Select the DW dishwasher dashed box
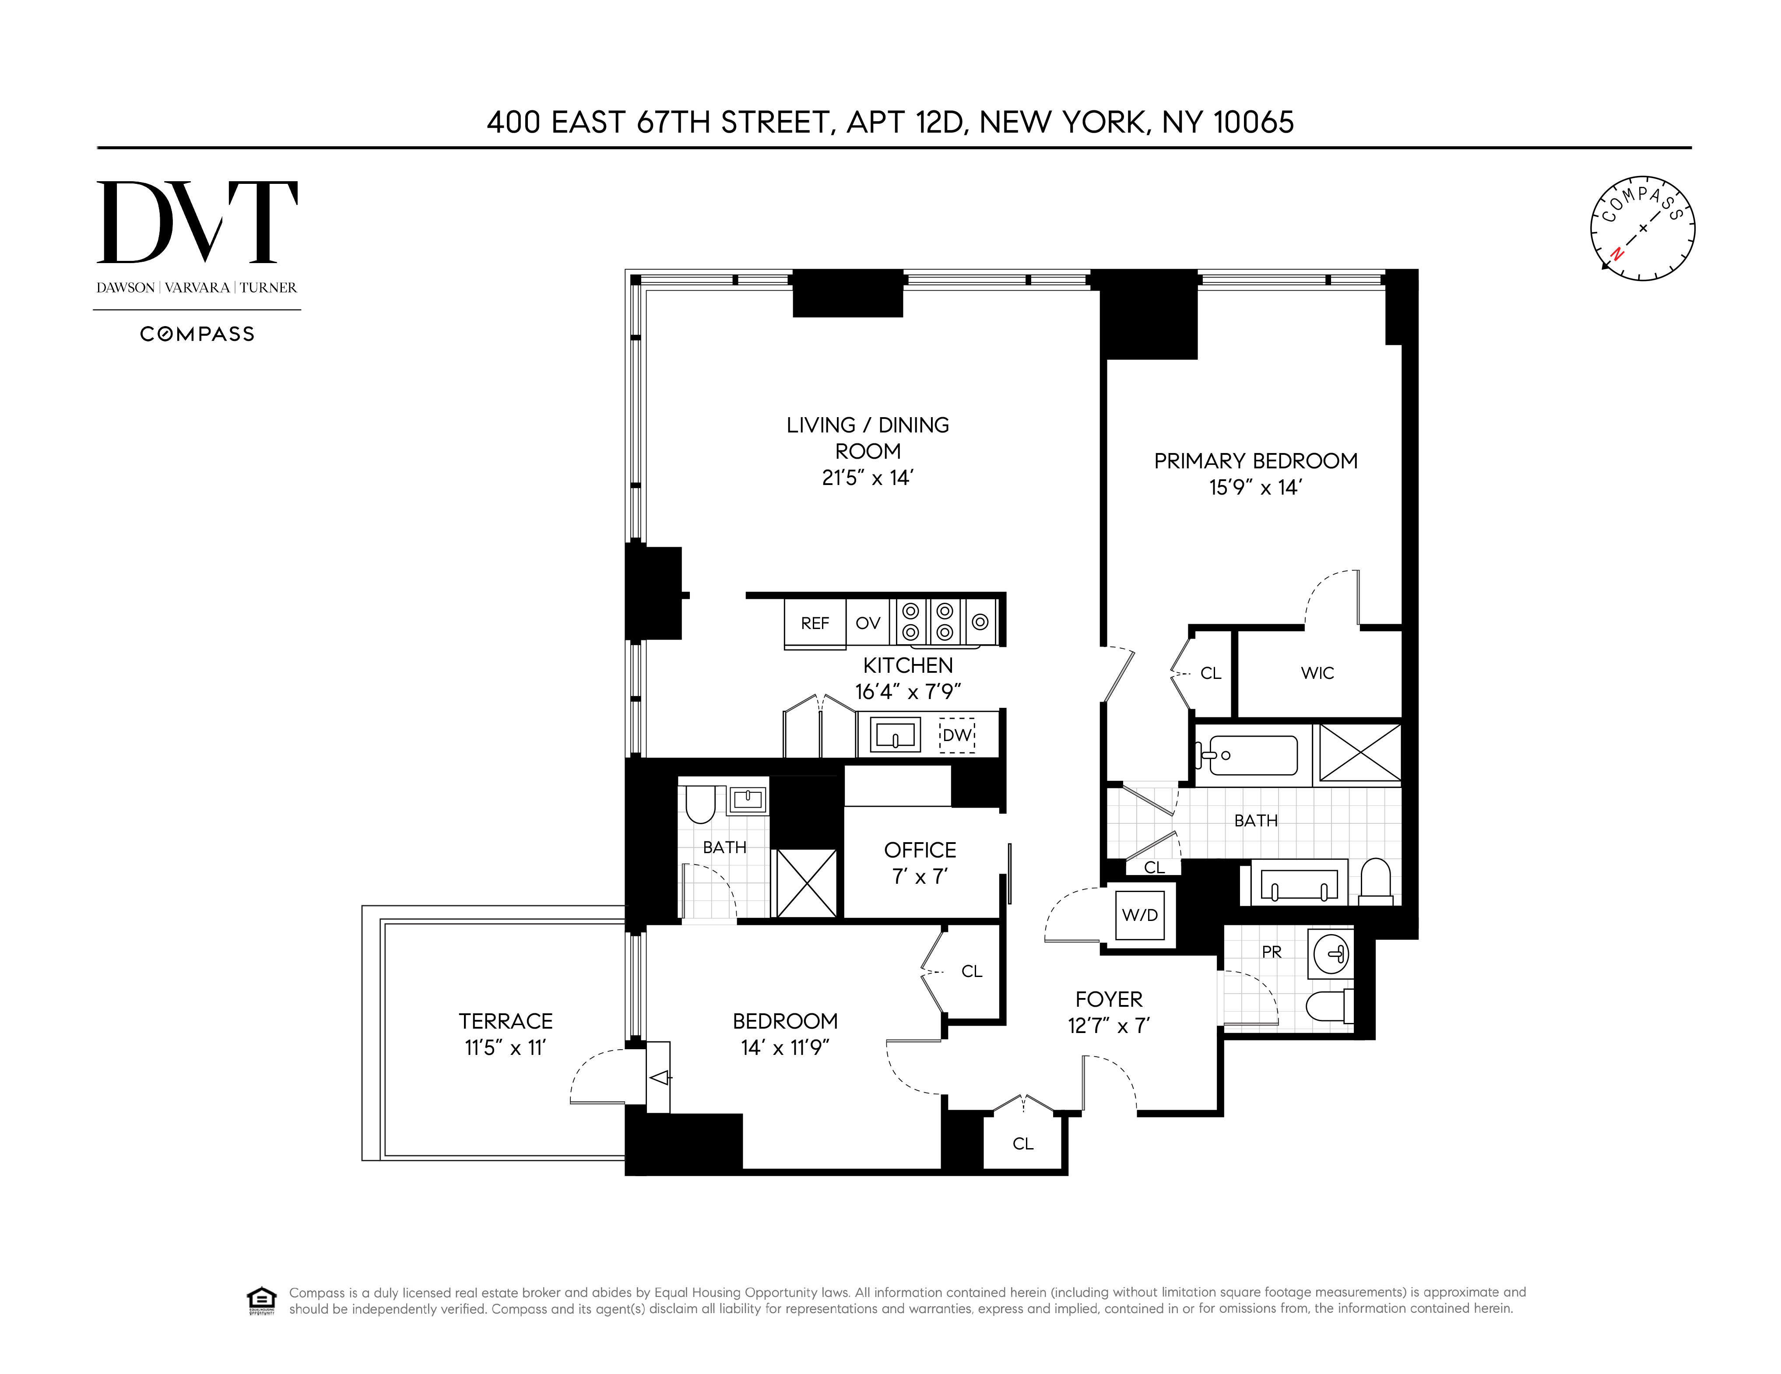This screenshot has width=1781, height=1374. pos(956,734)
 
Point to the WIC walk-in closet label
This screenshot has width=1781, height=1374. pos(1317,673)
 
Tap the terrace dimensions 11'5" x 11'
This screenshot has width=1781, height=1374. pos(505,1048)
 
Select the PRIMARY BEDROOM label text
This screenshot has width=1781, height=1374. pos(1255,461)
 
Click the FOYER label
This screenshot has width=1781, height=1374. pos(1108,999)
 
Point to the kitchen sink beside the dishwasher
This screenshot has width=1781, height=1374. pos(895,734)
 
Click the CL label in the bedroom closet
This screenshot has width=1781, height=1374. pos(971,971)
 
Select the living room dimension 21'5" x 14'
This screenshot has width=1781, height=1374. pos(867,478)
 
